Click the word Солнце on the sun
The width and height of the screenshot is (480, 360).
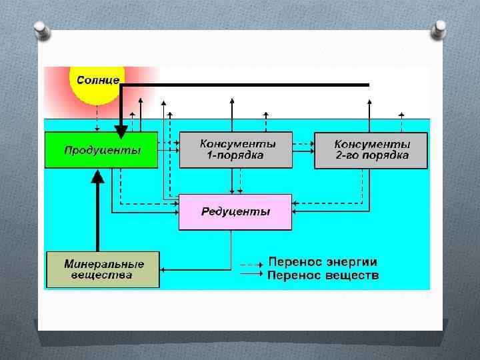click(x=98, y=80)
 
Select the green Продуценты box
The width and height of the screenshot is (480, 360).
click(x=101, y=150)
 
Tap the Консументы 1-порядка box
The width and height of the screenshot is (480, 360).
click(x=236, y=150)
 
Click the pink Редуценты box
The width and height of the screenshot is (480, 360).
click(x=235, y=212)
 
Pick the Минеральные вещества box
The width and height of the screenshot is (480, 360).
click(x=103, y=269)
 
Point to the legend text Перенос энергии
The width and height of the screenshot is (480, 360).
click(x=323, y=262)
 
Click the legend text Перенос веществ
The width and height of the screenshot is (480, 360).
click(x=323, y=275)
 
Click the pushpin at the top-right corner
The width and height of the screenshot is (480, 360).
click(x=439, y=29)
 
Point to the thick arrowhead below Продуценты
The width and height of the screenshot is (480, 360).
click(x=97, y=175)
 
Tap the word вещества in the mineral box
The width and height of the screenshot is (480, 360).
click(x=103, y=275)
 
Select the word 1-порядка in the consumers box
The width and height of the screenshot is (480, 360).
click(x=236, y=156)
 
